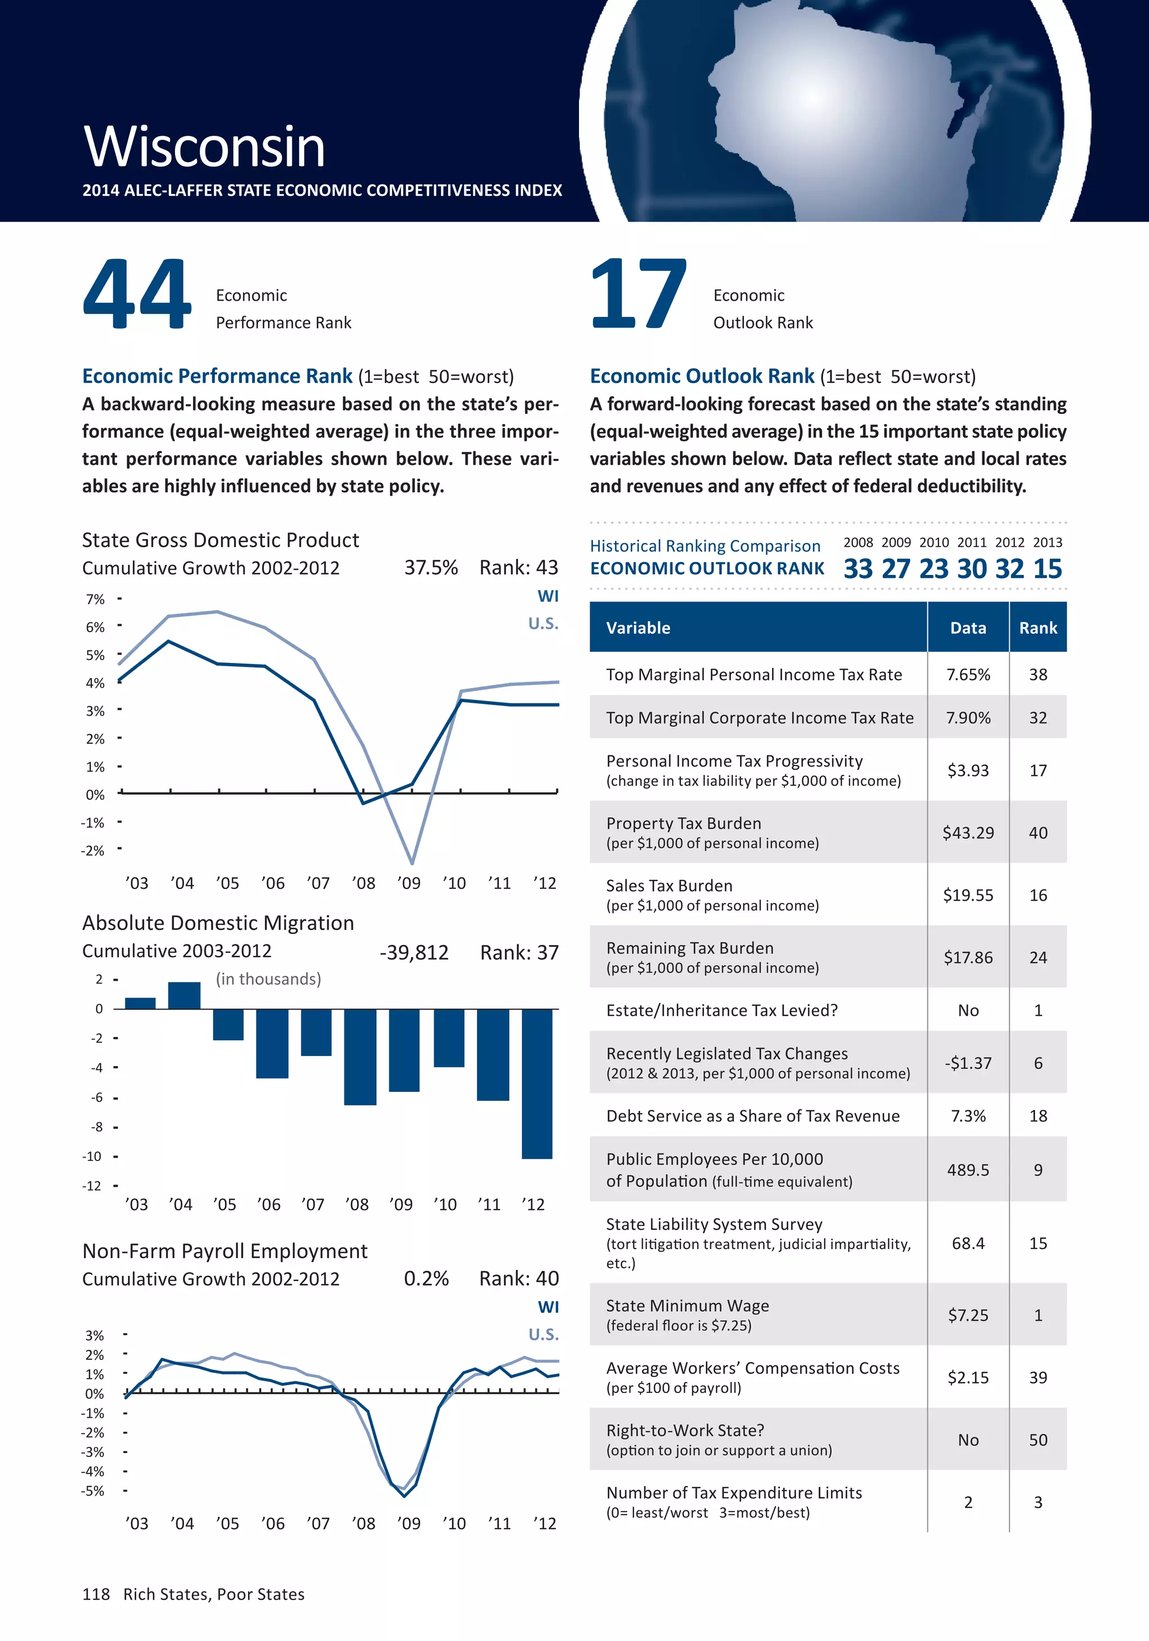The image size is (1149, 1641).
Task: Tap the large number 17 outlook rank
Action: (x=638, y=294)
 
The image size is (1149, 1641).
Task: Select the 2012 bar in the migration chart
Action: (x=537, y=1083)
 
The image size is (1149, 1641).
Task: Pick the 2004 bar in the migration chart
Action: (x=184, y=995)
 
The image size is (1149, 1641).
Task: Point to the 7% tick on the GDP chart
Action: (x=95, y=599)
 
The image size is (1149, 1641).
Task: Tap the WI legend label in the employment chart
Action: (x=548, y=1307)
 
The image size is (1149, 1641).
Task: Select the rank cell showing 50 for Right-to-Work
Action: (x=1037, y=1440)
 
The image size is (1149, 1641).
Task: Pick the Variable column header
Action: (x=638, y=628)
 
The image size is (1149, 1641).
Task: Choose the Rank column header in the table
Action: (x=1037, y=628)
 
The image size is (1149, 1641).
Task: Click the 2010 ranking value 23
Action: (x=933, y=569)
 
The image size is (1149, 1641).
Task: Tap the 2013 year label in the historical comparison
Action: (x=1047, y=542)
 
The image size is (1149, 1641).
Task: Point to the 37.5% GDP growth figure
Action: (x=430, y=568)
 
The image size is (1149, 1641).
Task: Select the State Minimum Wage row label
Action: (x=687, y=1305)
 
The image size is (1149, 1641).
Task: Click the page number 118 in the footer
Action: (x=96, y=1594)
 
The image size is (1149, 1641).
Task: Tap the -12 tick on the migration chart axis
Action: (x=91, y=1186)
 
